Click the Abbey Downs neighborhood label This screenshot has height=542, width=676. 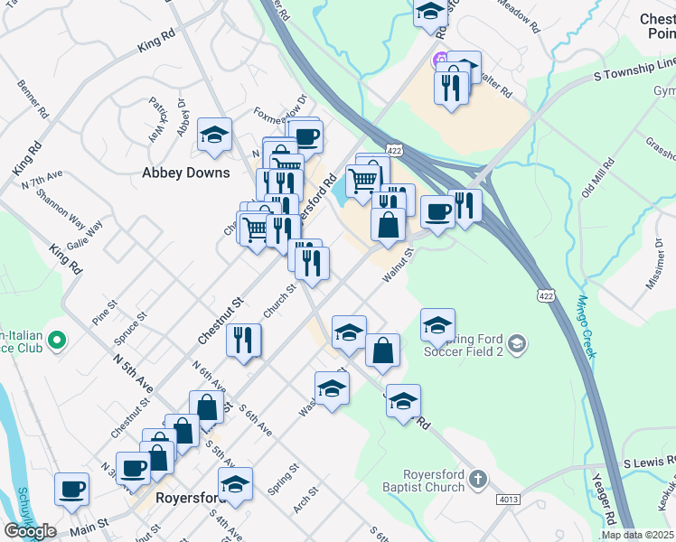point(186,173)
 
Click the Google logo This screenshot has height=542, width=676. point(30,531)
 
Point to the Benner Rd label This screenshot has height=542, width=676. point(31,98)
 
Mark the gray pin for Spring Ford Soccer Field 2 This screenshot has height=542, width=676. point(516,343)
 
